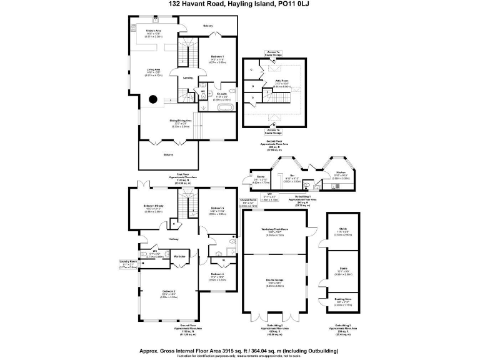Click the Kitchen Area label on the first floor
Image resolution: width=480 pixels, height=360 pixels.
154,30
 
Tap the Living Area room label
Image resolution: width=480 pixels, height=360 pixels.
154,69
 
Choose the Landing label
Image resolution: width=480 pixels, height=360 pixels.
188,78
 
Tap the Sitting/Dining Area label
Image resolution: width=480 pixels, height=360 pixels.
180,120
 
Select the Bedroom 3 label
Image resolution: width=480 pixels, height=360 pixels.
217,207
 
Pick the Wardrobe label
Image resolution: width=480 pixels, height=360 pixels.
179,256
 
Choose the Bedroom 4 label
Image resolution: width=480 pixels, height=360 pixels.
217,274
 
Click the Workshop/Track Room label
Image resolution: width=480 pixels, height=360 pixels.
275,229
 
